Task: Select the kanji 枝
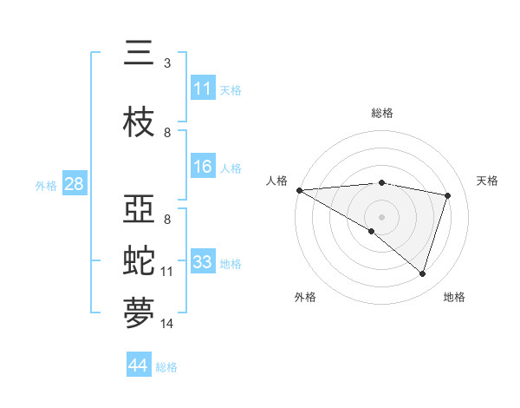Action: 139,122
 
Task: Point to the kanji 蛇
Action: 139,260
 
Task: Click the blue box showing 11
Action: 203,89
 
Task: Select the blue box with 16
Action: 203,168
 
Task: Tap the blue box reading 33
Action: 203,262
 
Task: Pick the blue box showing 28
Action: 74,184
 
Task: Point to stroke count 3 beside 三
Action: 166,63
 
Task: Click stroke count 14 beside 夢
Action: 167,324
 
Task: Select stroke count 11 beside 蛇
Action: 167,272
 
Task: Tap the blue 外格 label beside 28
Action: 46,185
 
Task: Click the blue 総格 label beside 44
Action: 166,367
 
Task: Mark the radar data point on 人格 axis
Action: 299,190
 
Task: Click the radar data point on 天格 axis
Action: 447,195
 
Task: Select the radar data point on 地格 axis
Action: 422,273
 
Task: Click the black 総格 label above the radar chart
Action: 381,113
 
